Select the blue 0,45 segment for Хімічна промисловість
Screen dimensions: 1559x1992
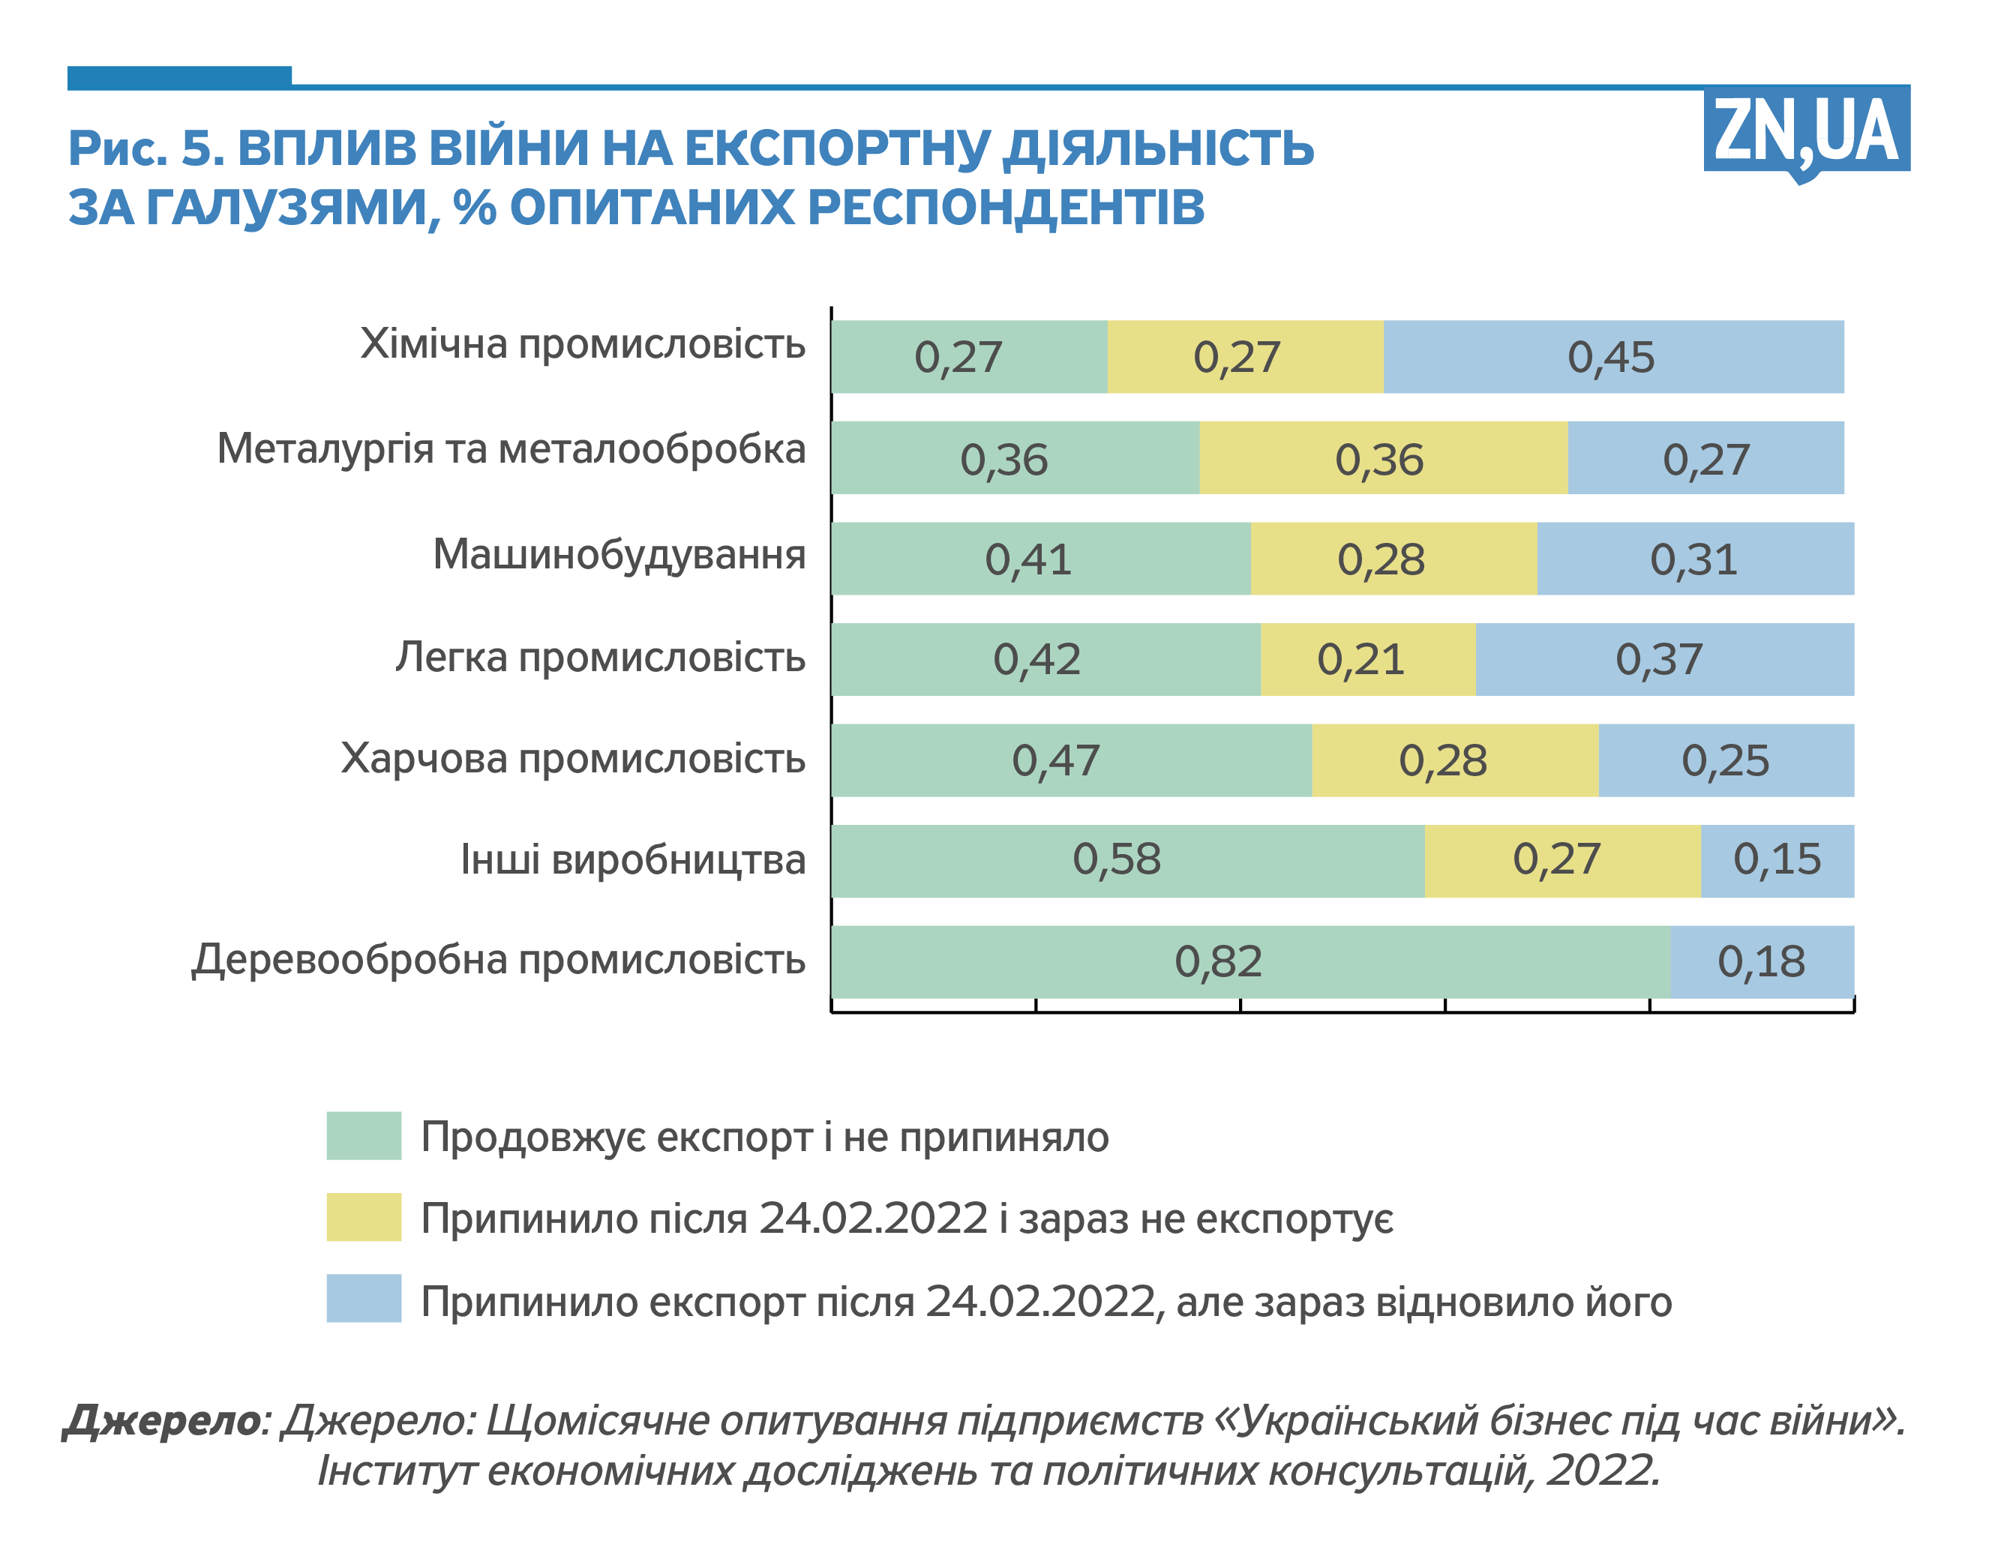(x=1612, y=357)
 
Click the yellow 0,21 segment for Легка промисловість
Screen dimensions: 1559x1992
(x=1366, y=659)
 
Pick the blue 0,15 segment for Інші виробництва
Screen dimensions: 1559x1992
(x=1776, y=860)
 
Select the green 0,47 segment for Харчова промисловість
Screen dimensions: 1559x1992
(x=1071, y=760)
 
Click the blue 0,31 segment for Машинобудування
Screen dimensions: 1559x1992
(x=1694, y=559)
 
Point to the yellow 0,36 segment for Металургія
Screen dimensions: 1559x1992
(x=1382, y=458)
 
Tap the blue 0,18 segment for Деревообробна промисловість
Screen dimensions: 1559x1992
(x=1761, y=961)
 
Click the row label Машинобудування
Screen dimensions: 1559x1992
(x=619, y=555)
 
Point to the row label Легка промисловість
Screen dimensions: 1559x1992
(x=600, y=657)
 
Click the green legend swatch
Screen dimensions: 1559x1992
(x=363, y=1135)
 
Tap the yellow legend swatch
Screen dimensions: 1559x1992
(x=363, y=1217)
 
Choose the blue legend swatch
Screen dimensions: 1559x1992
(x=363, y=1298)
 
